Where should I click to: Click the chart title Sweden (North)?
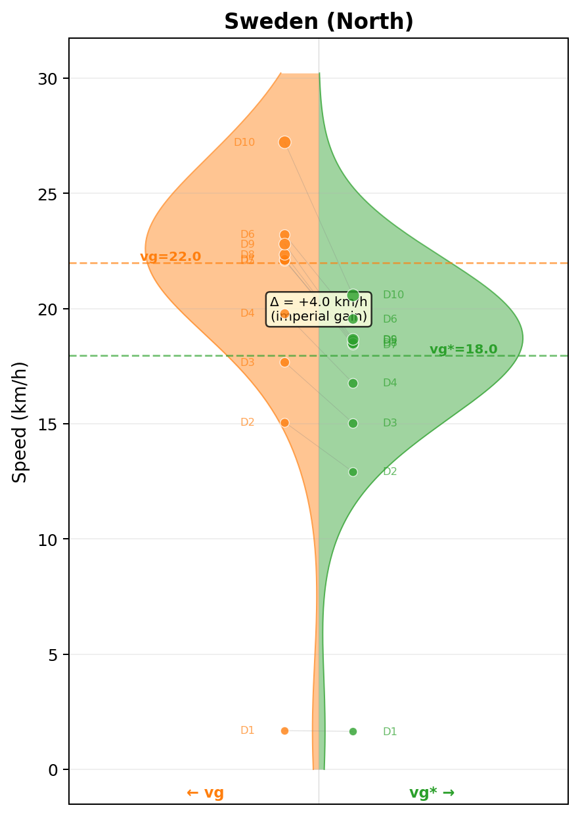click(319, 22)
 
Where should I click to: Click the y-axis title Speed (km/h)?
click(20, 421)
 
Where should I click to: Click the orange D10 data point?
click(284, 142)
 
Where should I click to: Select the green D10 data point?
click(353, 295)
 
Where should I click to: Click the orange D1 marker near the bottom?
click(284, 731)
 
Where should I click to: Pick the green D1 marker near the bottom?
click(353, 731)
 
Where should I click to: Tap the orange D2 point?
click(284, 422)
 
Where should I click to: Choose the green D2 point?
click(353, 472)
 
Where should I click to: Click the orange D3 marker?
click(284, 362)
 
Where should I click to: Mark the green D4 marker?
click(353, 383)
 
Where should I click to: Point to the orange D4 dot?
click(284, 313)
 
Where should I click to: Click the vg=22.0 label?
click(170, 257)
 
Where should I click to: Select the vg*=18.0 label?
click(463, 350)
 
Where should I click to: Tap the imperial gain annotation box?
click(319, 309)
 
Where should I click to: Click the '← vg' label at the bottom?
click(205, 793)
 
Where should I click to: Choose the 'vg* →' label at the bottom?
click(432, 793)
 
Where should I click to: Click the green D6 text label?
click(390, 319)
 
